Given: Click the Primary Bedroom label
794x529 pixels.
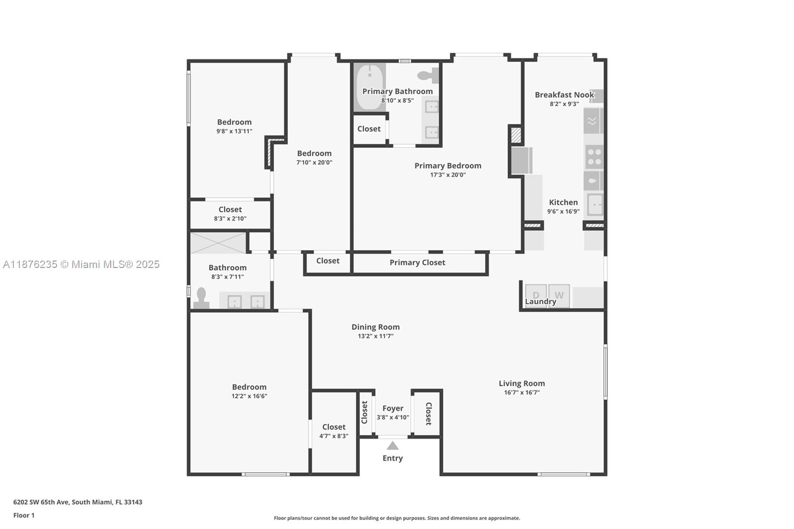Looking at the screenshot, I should click(x=448, y=166).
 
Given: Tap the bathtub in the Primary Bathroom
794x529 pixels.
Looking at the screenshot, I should click(x=369, y=87).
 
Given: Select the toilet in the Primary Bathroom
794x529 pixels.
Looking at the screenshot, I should click(x=428, y=75).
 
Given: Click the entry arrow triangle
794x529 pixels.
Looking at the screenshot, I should click(x=393, y=446).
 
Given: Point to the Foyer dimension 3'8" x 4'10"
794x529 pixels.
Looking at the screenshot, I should click(x=393, y=417).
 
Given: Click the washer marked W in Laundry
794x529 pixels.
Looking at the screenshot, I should click(x=559, y=295).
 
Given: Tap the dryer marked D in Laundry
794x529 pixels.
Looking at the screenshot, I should click(x=536, y=295).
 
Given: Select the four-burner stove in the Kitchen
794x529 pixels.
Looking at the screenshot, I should click(x=594, y=157).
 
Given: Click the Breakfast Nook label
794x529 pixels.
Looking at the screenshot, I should click(x=564, y=95).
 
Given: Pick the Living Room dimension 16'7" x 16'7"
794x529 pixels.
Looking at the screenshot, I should click(x=522, y=393).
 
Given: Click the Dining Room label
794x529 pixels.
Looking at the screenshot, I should click(x=375, y=327).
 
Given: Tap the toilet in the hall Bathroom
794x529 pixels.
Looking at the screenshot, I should click(x=201, y=298).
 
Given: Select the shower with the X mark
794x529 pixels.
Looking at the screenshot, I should click(x=218, y=243).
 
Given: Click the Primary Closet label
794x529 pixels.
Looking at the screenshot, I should click(x=417, y=263).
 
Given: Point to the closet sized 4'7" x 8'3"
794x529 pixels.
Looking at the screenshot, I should click(x=333, y=431).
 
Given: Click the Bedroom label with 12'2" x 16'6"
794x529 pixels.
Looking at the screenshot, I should click(x=249, y=387).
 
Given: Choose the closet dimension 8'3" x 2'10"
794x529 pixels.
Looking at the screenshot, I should click(x=230, y=218).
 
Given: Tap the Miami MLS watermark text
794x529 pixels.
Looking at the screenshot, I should click(x=81, y=264).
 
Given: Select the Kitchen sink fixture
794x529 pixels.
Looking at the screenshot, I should click(x=595, y=204).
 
